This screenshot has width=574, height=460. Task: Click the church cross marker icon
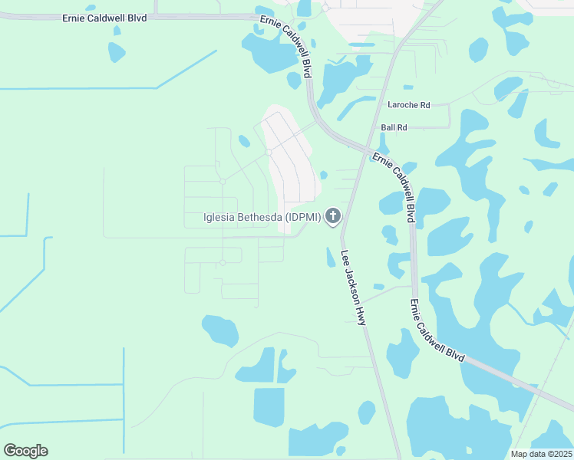point(333,217)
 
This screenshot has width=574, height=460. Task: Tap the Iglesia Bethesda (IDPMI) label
point(262,217)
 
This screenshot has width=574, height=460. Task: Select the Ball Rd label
point(394,127)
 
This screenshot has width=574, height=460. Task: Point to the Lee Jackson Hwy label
point(354,288)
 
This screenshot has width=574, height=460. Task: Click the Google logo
point(25,451)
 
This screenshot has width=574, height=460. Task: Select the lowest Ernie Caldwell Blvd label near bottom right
point(437,330)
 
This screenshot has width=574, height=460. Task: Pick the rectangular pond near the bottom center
point(269,407)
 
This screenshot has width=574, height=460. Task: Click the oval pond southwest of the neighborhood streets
point(220,330)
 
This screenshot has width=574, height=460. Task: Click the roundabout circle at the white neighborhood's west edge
point(269,153)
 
